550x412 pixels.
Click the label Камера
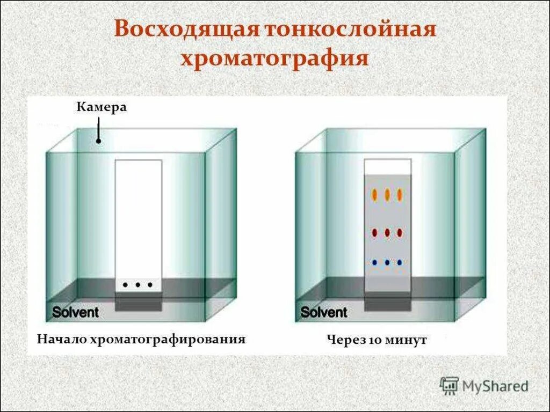tap(102, 107)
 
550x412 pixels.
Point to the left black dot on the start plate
tap(125, 285)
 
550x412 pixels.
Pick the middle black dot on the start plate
tap(137, 285)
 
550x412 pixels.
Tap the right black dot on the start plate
tap(150, 285)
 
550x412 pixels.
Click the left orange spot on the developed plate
tap(375, 195)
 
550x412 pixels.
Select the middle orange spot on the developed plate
tap(387, 195)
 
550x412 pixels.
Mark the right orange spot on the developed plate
tap(400, 195)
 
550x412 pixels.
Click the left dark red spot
tap(375, 233)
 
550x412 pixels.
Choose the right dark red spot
tap(400, 233)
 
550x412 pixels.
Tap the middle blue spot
tap(387, 262)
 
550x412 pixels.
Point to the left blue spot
tap(375, 262)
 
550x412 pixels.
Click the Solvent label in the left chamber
tap(75, 312)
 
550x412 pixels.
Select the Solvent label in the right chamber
tap(324, 312)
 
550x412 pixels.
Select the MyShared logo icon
tap(448, 385)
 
